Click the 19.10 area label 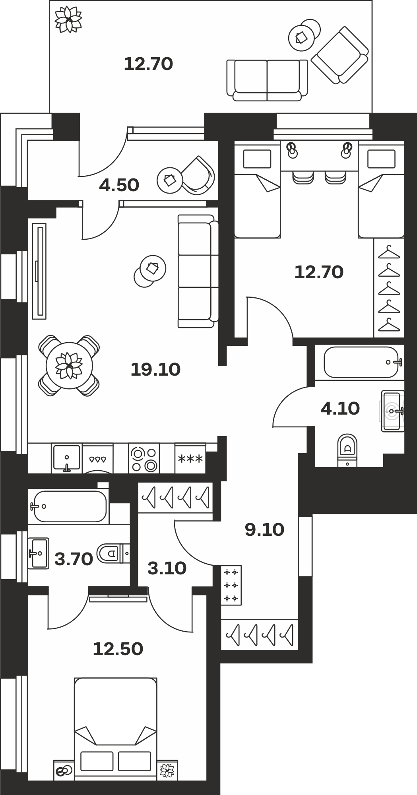(155, 370)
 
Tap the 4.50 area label (119, 185)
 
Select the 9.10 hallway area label (264, 530)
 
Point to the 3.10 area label (167, 568)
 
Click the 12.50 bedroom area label (118, 649)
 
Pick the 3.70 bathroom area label (74, 559)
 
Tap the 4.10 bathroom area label (340, 408)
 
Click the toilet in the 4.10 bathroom (347, 450)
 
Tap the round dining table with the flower (69, 366)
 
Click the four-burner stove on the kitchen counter (144, 458)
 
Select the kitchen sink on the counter (67, 458)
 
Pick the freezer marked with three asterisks (190, 458)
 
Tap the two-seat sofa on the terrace (267, 80)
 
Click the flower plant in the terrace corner (68, 19)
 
